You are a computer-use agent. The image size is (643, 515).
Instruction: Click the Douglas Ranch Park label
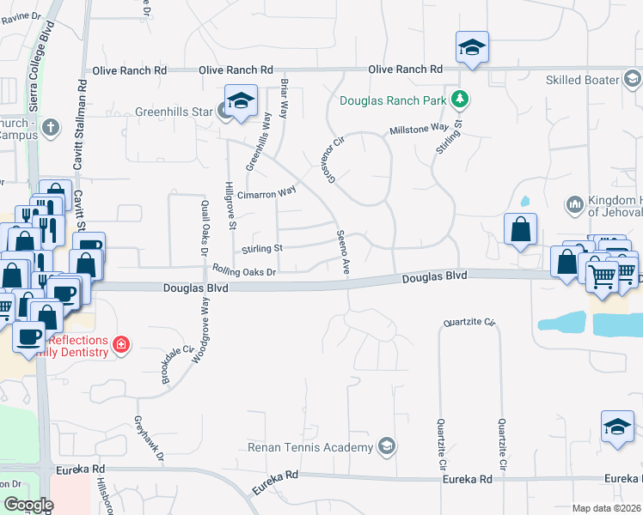393,100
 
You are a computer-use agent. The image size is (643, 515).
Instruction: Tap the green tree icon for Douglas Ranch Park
462,100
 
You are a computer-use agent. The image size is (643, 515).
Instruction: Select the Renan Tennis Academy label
309,447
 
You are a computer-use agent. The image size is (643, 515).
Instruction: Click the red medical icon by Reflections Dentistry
122,344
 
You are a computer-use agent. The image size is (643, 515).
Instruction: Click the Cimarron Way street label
266,193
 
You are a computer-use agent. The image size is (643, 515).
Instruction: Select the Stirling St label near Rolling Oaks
262,249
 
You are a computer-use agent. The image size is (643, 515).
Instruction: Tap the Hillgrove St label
230,205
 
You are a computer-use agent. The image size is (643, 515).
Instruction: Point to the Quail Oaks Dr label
205,227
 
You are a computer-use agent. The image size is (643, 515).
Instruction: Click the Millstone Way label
419,128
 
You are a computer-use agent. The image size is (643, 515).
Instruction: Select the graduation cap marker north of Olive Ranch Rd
472,47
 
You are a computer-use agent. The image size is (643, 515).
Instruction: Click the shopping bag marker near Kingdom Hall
520,230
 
